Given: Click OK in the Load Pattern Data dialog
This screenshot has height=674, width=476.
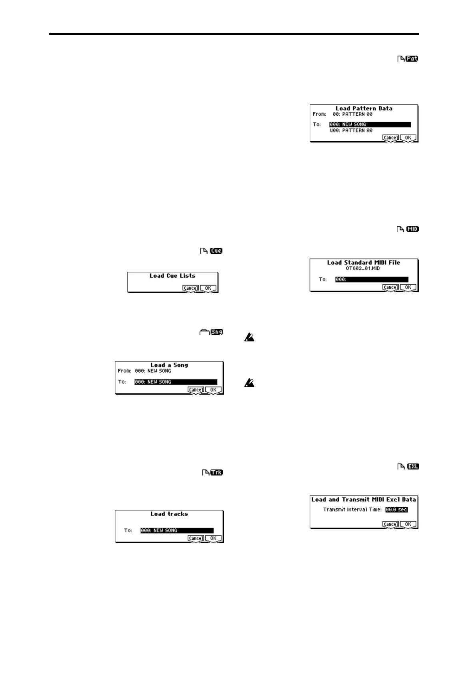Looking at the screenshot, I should click(x=408, y=138).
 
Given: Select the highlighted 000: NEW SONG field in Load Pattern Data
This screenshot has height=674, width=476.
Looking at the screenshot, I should click(x=370, y=124).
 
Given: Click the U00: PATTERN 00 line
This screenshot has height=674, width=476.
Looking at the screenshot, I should click(x=351, y=130).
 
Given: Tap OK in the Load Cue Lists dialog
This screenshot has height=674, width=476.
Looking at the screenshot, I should click(x=208, y=288).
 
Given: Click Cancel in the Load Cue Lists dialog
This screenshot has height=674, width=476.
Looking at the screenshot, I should click(x=190, y=288).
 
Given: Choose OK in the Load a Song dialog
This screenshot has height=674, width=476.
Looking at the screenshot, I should click(x=213, y=390).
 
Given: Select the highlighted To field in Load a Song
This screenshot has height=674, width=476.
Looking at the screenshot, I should click(x=176, y=382).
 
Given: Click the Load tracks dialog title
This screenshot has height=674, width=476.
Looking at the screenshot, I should click(x=169, y=514).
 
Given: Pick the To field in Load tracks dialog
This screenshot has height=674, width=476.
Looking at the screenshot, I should click(x=177, y=530).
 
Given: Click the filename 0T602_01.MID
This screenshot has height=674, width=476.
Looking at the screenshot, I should click(x=363, y=268).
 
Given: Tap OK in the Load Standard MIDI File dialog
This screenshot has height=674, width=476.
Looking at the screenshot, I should click(x=408, y=287).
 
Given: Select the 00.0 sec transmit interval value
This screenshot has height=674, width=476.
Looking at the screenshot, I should click(x=396, y=510).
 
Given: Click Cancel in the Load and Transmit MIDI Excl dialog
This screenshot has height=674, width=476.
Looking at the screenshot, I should click(x=390, y=524).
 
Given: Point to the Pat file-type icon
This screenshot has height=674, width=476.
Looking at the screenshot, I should click(x=412, y=59).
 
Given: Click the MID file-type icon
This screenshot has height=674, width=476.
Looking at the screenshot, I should click(x=412, y=229).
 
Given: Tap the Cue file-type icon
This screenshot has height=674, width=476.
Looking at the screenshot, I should click(x=216, y=251).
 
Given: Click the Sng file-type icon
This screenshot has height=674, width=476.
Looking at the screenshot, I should click(x=217, y=332).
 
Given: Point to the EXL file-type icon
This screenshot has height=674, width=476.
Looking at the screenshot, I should click(x=413, y=466).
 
